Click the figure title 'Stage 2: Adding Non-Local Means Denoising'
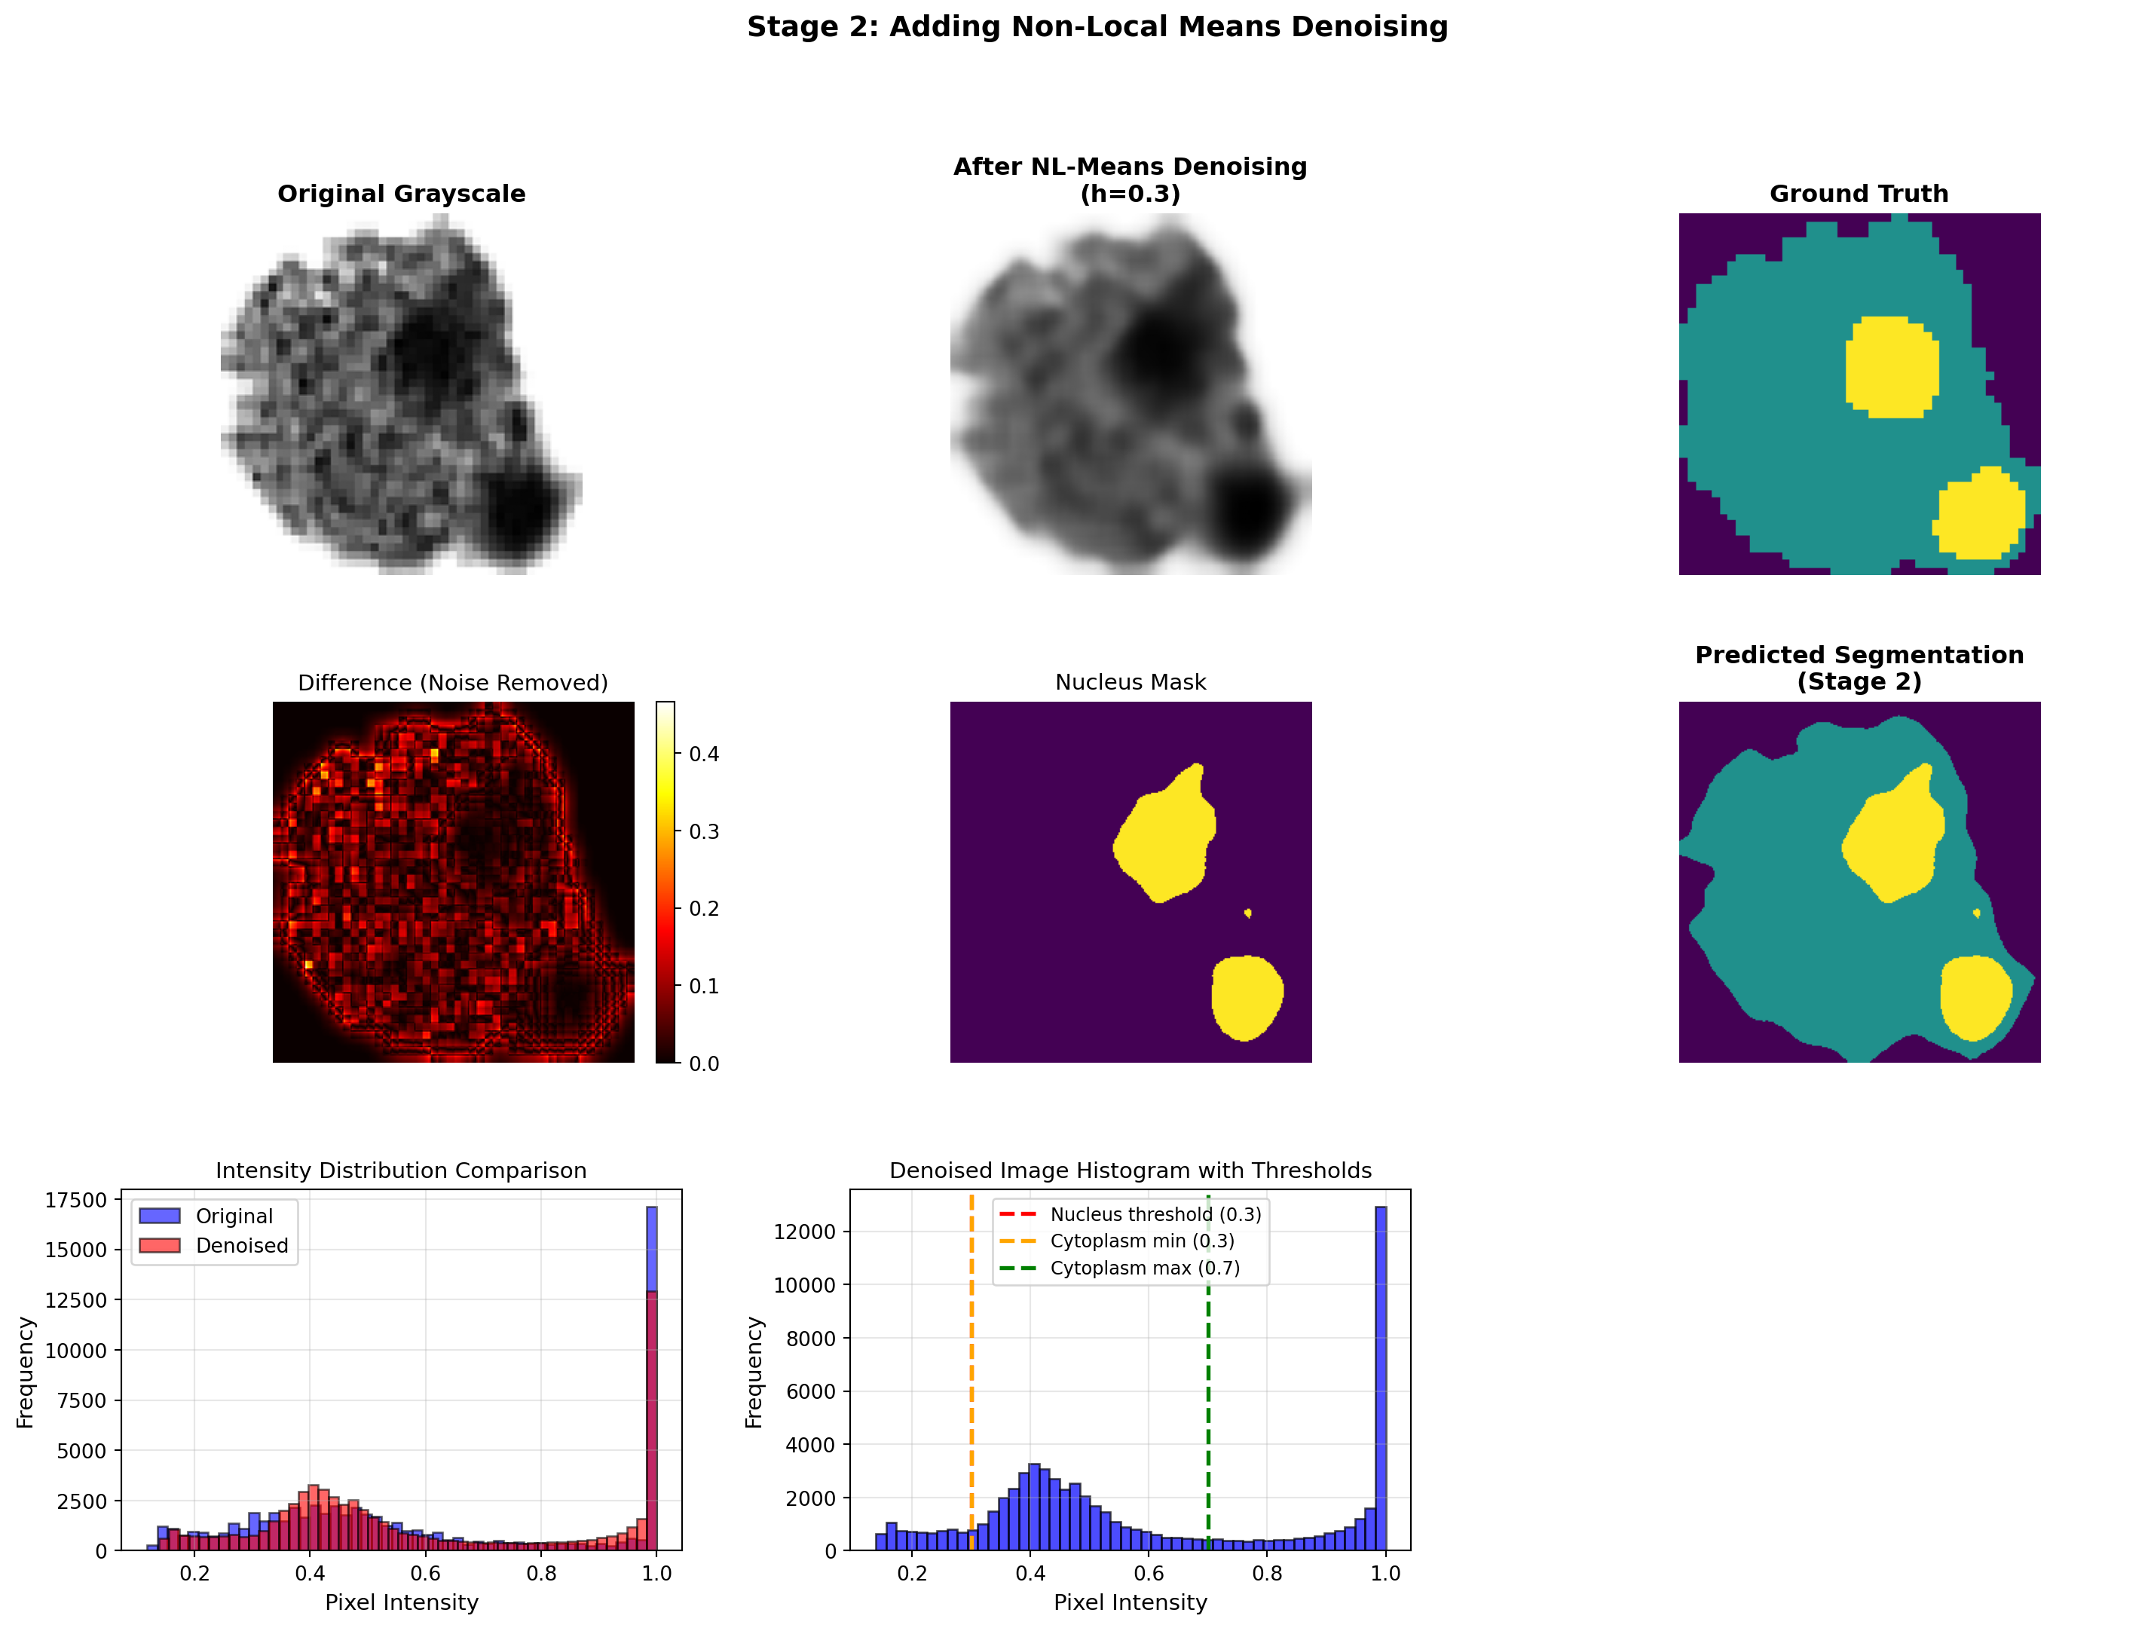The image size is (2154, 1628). pos(1097,27)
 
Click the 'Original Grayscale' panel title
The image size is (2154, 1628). pos(401,194)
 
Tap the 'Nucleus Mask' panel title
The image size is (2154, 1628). pos(1130,683)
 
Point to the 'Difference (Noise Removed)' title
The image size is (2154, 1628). pos(453,683)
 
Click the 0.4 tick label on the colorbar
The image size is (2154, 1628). pos(704,754)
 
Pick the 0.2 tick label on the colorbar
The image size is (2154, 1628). pos(704,908)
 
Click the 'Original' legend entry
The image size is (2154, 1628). pos(234,1216)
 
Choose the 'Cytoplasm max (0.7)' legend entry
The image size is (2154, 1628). pos(1144,1268)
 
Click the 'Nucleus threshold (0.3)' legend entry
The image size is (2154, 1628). pos(1155,1214)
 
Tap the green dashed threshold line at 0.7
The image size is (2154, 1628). pos(1207,1412)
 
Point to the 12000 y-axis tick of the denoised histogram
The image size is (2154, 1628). pos(804,1232)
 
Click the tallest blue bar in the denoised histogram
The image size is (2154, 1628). pos(1380,1382)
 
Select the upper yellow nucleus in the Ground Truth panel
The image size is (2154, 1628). pos(1890,367)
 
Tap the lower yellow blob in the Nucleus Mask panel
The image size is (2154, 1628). pos(1246,997)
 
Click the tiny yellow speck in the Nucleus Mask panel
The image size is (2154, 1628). pos(1247,913)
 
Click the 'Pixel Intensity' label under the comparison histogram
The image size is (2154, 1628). pos(401,1602)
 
